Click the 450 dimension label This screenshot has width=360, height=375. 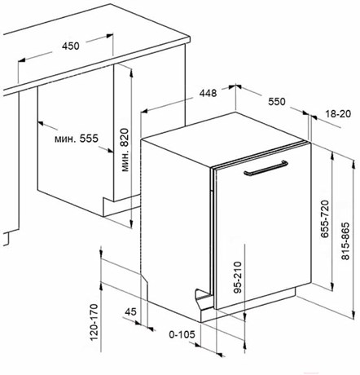[71, 46]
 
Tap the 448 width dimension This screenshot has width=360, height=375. [208, 93]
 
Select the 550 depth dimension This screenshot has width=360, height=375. [277, 102]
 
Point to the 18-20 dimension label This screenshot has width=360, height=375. [338, 113]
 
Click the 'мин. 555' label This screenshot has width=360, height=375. [77, 139]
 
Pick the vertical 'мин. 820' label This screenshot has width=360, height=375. [125, 150]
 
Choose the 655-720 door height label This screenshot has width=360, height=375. [325, 219]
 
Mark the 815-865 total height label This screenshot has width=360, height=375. [345, 241]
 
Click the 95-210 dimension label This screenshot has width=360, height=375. [238, 277]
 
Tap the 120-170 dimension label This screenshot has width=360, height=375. [94, 322]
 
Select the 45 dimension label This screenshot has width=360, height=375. [130, 311]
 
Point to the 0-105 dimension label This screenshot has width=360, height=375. [182, 334]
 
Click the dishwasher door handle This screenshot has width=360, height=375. [266, 168]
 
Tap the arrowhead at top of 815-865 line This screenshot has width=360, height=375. [353, 162]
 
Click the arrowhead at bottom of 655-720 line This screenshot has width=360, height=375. [332, 287]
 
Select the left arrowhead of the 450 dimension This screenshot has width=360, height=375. [21, 60]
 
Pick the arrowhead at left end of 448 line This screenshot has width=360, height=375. [144, 111]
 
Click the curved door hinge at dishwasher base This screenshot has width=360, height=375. [201, 297]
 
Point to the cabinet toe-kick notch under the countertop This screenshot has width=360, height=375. [108, 206]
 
